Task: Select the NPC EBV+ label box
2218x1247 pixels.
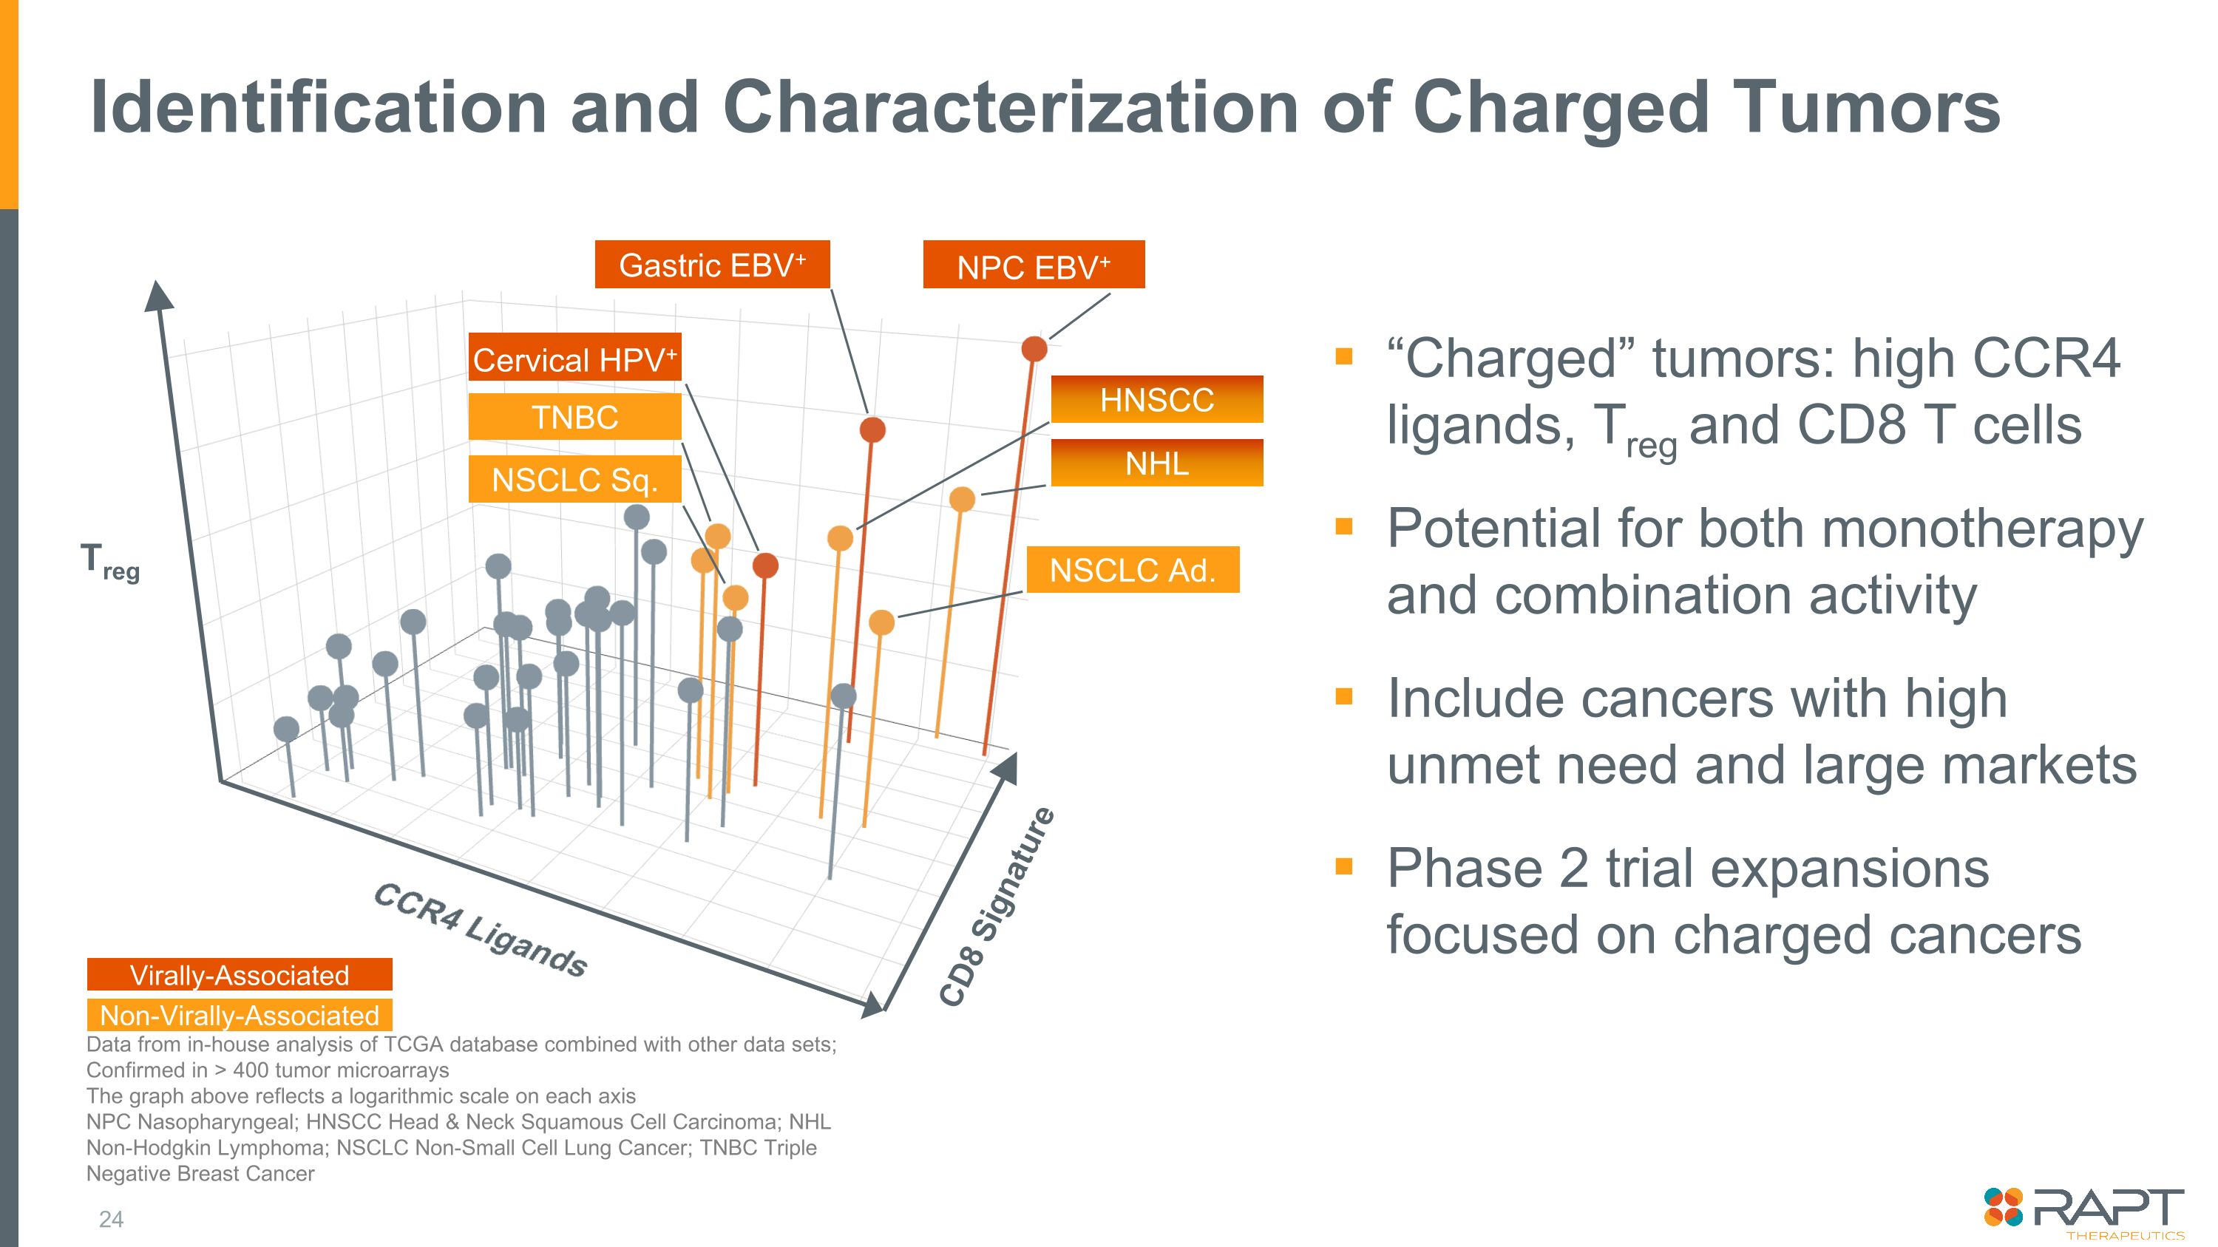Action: [1034, 265]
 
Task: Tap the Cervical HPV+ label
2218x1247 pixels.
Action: [574, 357]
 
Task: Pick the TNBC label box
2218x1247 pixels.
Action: [574, 418]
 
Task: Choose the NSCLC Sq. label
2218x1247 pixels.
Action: [574, 479]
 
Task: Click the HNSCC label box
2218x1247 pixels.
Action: [1156, 399]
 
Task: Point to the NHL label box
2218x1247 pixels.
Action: [1156, 463]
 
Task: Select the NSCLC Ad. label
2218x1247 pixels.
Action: [1132, 570]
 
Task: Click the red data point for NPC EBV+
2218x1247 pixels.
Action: [1034, 349]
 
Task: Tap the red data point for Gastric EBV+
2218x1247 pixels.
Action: [872, 429]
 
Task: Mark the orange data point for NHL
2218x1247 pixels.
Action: [962, 499]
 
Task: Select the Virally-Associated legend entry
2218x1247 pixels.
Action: [240, 975]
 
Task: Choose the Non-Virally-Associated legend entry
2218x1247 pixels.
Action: [240, 1016]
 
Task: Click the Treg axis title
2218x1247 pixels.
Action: [109, 561]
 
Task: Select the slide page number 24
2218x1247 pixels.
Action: [111, 1219]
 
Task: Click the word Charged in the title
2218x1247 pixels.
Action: [1560, 108]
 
